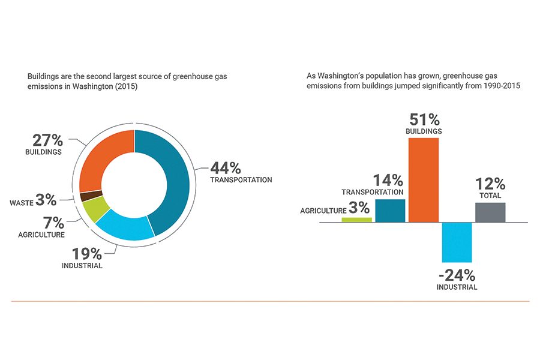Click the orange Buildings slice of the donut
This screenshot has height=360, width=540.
(103, 155)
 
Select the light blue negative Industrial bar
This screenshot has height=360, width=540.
(457, 242)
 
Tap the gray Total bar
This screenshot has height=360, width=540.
(490, 212)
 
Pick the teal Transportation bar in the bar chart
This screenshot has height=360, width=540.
(390, 210)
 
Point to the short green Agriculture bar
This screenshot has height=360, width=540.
(357, 220)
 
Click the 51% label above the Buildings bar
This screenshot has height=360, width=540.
(424, 118)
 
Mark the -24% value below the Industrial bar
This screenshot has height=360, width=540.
(456, 275)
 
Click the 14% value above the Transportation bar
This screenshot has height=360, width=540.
(389, 179)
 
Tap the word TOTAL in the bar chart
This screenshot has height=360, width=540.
(490, 196)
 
